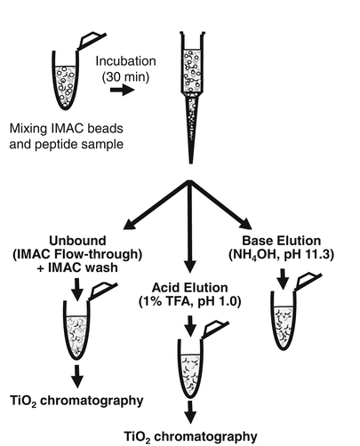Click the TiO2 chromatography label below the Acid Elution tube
click(x=188, y=436)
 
